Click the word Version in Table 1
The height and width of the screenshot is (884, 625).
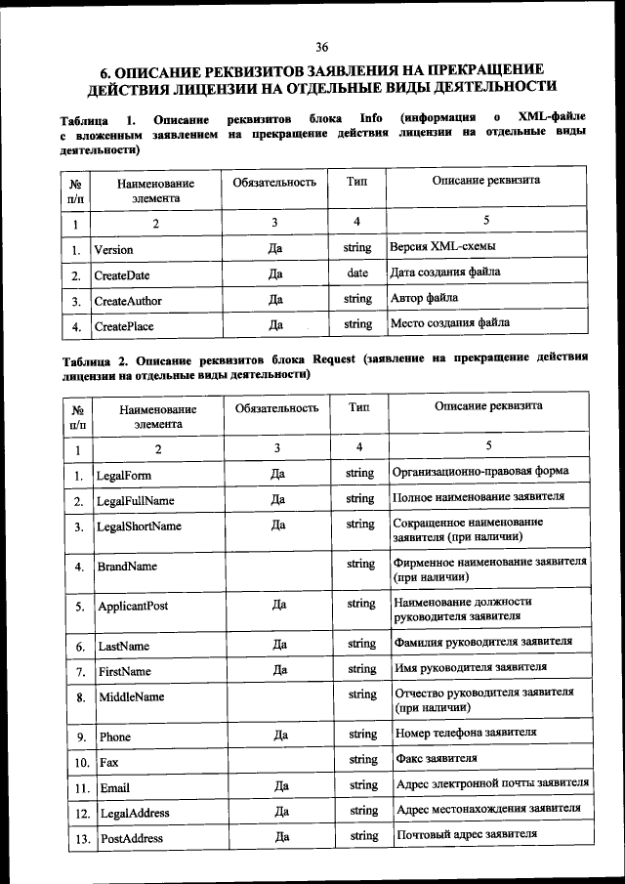point(113,249)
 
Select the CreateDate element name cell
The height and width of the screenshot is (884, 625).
point(122,274)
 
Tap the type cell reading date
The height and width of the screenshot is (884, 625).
point(357,273)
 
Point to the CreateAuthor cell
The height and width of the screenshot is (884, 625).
point(128,300)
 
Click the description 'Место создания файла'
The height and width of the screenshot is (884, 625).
point(449,323)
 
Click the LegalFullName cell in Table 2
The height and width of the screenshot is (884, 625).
point(135,501)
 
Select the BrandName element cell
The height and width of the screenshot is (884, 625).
point(127,566)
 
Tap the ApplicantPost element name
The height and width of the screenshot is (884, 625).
point(133,606)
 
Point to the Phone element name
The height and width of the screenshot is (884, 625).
point(116,736)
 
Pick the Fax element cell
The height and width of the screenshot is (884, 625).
point(108,761)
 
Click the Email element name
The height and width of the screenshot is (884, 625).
point(115,786)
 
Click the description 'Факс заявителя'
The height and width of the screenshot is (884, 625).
point(436,758)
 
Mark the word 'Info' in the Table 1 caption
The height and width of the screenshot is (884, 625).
point(370,120)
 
